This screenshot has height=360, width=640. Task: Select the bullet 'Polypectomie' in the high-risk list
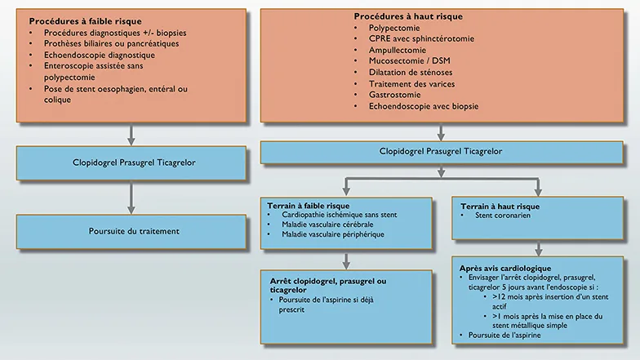pyautogui.click(x=394, y=27)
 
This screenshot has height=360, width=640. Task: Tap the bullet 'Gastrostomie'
pyautogui.click(x=395, y=95)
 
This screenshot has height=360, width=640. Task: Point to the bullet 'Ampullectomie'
pyautogui.click(x=397, y=50)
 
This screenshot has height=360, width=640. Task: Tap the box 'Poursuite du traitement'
pyautogui.click(x=133, y=231)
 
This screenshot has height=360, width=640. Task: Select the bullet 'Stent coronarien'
pyautogui.click(x=507, y=216)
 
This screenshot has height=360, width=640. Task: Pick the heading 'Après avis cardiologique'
pyautogui.click(x=505, y=268)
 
